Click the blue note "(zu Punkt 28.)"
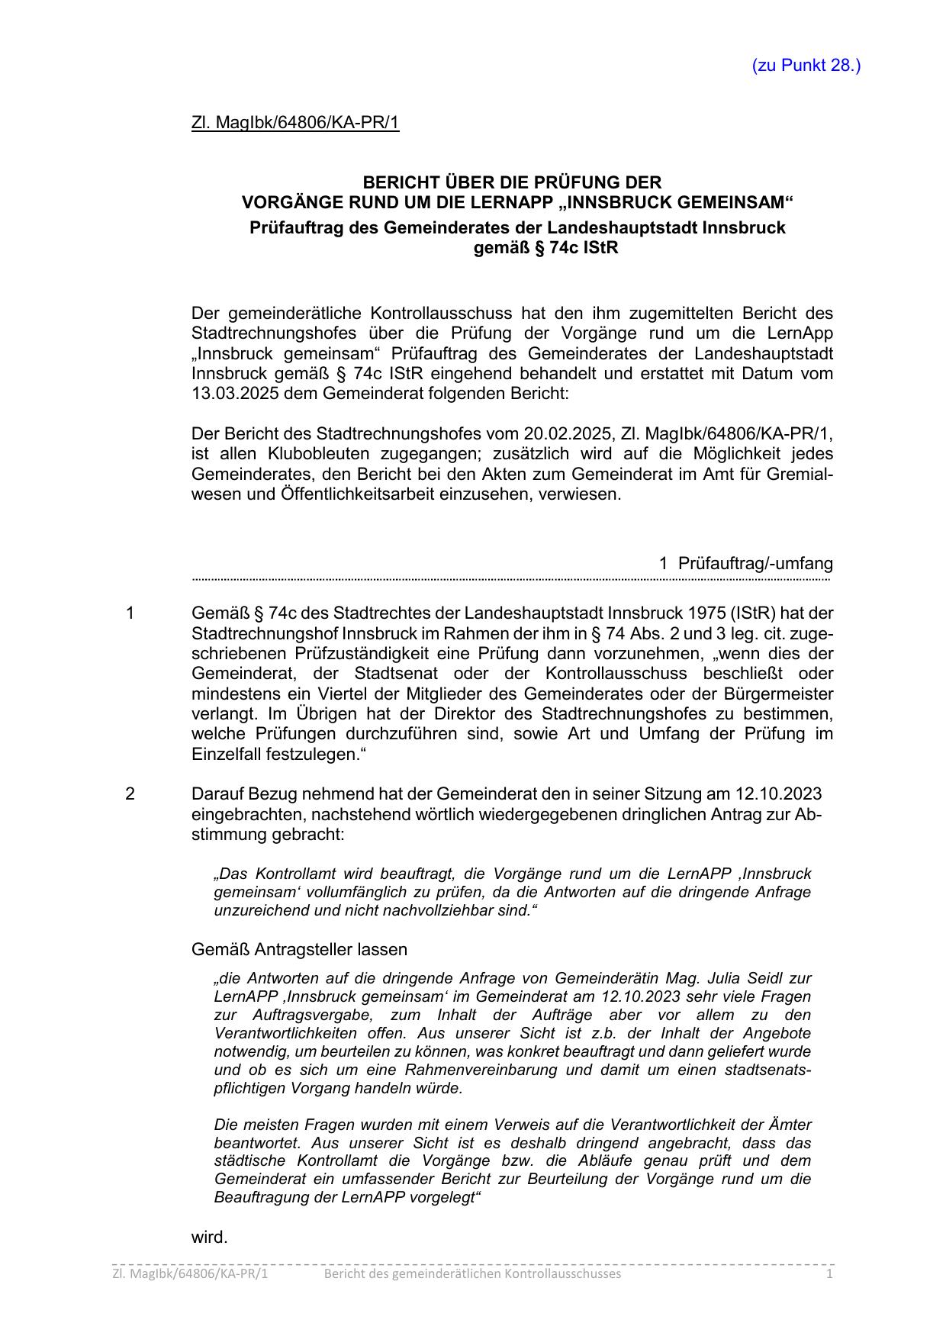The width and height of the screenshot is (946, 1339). click(806, 66)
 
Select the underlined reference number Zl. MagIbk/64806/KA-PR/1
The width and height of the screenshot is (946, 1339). click(295, 123)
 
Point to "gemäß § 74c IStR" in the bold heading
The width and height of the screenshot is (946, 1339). click(545, 248)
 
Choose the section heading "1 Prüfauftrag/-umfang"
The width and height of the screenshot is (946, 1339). click(745, 564)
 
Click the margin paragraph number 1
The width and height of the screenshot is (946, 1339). click(130, 613)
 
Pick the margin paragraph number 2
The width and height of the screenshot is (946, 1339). click(130, 794)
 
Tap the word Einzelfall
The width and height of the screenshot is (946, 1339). click(226, 754)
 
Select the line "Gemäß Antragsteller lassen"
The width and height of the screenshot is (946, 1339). click(299, 949)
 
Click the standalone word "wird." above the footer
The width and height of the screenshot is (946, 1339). click(209, 1237)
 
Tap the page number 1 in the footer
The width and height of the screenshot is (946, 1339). click(830, 1274)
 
